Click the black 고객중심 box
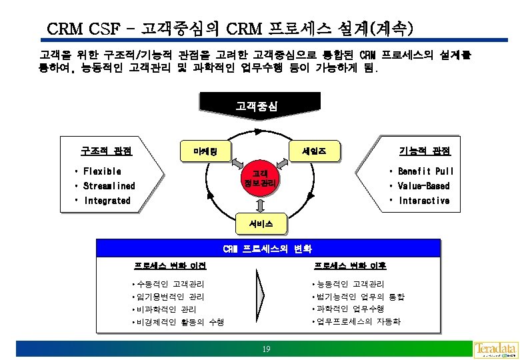260,105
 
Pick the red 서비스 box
261,223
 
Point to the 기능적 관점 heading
425,151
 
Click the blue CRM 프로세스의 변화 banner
267,249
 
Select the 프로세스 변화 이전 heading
170,266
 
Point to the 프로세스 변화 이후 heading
350,266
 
